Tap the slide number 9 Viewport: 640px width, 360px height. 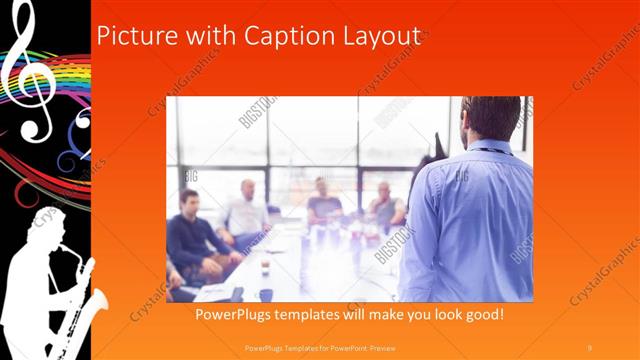tap(590, 346)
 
